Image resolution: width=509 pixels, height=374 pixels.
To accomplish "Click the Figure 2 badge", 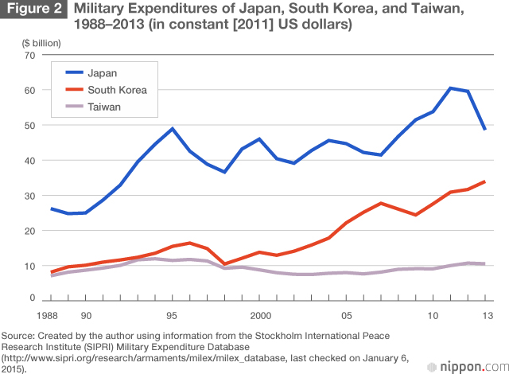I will point(33,10).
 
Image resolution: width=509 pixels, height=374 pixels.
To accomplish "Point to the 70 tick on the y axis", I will point(30,55).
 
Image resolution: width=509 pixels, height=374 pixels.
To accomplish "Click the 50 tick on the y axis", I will point(30,126).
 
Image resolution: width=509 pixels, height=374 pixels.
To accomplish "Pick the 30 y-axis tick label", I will point(30,196).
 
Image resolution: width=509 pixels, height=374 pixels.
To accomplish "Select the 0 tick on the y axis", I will point(33,298).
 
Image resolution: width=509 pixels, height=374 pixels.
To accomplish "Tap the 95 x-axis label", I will point(172,314).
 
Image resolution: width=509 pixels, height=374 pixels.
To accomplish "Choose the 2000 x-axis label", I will point(258,314).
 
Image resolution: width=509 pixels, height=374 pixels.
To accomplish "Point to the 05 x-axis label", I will point(347,314).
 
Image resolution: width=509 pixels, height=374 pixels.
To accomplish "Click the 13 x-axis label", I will point(484,314).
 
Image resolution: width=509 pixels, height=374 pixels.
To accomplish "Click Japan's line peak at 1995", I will point(172,128).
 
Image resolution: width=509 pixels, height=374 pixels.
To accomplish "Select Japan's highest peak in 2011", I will point(450,88).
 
